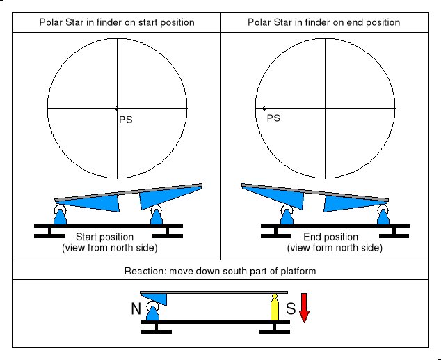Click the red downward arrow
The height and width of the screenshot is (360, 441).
click(x=304, y=312)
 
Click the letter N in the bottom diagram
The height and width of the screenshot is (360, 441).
click(x=136, y=307)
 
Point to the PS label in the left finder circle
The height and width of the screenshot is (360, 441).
click(x=125, y=119)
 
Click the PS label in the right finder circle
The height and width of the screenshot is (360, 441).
click(x=274, y=118)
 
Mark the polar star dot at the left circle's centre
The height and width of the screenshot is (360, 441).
click(x=117, y=108)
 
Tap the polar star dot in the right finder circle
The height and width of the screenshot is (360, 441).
click(x=265, y=108)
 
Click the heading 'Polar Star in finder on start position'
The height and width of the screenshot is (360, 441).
click(x=116, y=22)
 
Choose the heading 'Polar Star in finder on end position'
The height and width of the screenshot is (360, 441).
click(x=324, y=22)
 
